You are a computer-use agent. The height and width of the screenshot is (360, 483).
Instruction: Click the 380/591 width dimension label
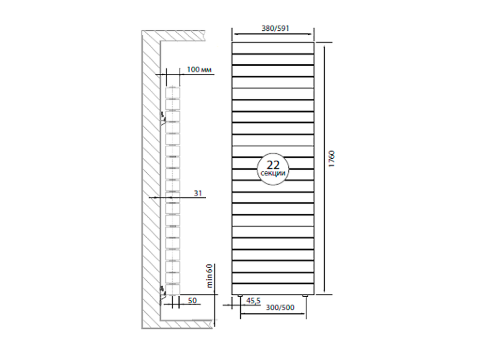[272, 28]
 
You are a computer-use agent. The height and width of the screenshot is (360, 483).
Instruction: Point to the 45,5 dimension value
[253, 301]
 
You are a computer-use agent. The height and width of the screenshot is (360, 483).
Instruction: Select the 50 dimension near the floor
[192, 301]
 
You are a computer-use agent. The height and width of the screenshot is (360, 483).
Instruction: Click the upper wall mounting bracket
[163, 116]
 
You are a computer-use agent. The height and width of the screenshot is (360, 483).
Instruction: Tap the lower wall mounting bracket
[163, 290]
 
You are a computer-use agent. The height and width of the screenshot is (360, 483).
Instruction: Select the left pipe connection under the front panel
[241, 294]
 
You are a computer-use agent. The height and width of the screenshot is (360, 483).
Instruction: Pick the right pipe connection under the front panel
[305, 294]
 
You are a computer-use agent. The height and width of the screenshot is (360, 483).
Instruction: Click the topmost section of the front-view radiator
[273, 48]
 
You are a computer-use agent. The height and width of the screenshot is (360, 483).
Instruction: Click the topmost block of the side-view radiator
[172, 92]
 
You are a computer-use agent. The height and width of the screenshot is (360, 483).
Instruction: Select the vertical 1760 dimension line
[324, 169]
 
